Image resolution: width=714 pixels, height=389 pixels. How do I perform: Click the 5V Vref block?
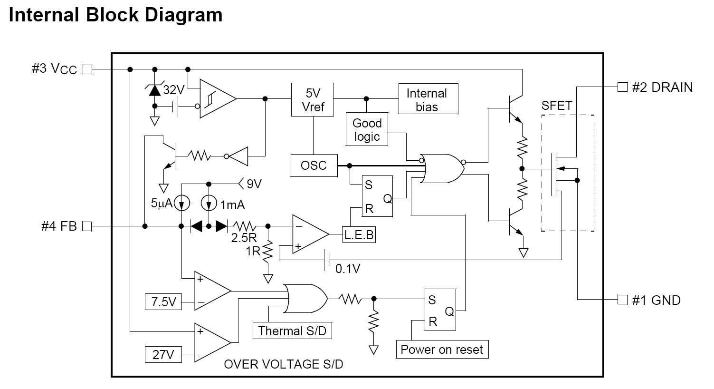(x=313, y=100)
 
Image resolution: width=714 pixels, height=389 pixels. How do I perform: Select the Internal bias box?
(x=428, y=99)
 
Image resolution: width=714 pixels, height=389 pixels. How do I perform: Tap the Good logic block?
(x=367, y=129)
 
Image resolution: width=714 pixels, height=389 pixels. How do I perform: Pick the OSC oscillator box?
(x=314, y=165)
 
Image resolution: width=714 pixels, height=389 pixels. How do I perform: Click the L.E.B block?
(x=359, y=234)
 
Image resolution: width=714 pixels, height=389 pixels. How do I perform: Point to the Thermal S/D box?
(x=292, y=331)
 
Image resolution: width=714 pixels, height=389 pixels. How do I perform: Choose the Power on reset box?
(x=442, y=350)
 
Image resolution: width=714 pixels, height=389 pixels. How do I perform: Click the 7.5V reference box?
(x=163, y=301)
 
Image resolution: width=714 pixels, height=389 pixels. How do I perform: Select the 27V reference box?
(x=163, y=354)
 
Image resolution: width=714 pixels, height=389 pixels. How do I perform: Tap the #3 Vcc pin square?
(x=87, y=69)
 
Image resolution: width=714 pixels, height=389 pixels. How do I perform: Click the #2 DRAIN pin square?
(x=622, y=87)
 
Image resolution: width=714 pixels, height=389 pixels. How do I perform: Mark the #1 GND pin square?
(x=622, y=300)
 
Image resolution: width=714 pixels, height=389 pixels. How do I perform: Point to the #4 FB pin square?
(x=87, y=226)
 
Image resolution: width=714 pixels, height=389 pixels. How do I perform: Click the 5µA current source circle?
(x=181, y=203)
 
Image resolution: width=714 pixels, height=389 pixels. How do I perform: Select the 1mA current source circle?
(x=209, y=203)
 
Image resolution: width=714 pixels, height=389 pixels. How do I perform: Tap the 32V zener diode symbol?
(x=155, y=90)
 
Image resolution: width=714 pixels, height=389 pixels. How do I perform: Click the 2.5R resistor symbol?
(x=245, y=226)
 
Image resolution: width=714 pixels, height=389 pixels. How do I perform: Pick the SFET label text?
(x=557, y=106)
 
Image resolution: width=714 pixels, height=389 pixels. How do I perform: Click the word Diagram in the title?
(x=183, y=15)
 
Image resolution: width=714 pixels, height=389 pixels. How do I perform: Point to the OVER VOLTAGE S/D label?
(x=284, y=364)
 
